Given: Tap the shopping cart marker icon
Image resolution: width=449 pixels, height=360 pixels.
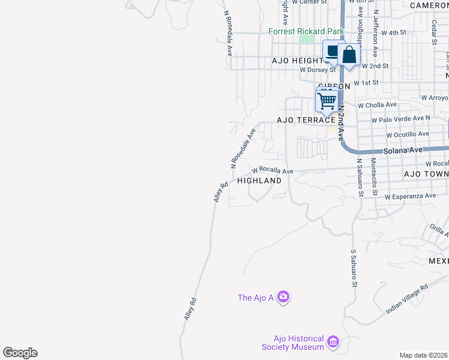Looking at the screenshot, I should coord(327,100).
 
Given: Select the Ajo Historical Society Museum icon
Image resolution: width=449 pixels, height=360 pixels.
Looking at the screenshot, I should coord(333,343).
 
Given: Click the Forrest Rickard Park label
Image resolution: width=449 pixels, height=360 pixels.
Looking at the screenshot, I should coord(306,31).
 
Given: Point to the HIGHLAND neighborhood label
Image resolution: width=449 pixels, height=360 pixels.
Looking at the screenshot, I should coord(259,181).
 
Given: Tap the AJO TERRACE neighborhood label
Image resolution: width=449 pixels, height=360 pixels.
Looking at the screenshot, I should coord(304,120).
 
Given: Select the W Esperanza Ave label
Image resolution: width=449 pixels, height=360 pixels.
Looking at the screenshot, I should coord(411,196).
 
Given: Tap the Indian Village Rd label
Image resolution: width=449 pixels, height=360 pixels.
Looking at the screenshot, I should coord(407,298).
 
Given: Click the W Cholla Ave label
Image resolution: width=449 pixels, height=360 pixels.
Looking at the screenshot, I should coord(378,105).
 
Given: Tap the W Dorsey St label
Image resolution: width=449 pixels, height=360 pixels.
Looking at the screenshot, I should coord(318,70).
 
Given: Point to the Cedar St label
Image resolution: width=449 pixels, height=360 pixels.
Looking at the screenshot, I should coord(433,32).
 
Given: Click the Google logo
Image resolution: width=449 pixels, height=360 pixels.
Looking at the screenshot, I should coord(20,353).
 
